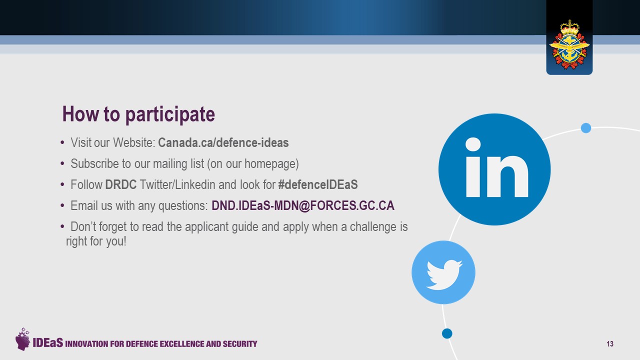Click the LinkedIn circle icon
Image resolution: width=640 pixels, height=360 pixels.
494,169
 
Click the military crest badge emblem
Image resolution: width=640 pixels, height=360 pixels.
569,44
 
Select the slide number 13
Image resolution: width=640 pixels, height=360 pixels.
610,343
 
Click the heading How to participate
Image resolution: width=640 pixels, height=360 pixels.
138,114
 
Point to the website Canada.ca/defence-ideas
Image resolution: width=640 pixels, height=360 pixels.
223,142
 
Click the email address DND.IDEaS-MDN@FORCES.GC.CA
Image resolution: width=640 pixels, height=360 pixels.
303,205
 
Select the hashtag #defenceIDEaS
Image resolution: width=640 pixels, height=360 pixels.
317,184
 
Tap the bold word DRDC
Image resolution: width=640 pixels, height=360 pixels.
121,184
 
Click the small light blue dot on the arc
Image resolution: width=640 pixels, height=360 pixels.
586,128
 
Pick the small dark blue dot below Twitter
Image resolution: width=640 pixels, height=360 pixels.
447,333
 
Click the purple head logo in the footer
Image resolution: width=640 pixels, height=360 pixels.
22,339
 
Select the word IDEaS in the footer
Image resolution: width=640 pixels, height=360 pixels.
47,342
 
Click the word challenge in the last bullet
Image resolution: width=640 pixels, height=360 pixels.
373,226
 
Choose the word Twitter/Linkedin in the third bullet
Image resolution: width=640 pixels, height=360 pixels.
177,184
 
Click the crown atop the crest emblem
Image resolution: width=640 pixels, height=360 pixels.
569,27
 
